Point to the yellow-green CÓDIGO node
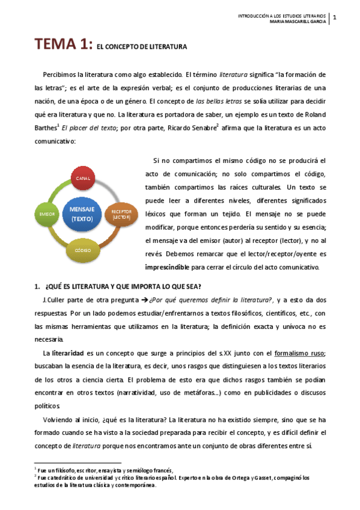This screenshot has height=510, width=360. click(x=82, y=248)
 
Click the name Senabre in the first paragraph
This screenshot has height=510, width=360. click(x=198, y=127)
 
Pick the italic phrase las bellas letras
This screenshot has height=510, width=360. click(x=222, y=101)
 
